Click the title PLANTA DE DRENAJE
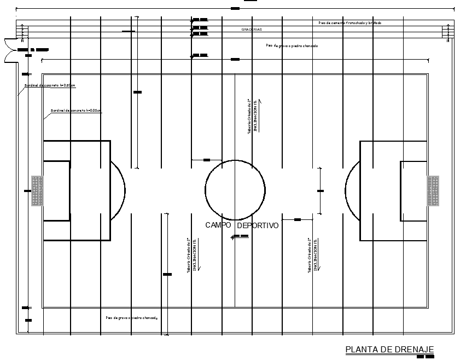(x=389, y=350)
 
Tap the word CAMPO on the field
(x=218, y=225)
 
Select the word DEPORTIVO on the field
(x=258, y=225)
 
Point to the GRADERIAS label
(x=252, y=29)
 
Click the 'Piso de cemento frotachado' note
(x=349, y=23)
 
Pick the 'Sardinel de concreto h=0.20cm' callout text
(x=49, y=85)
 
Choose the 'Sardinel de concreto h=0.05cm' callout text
(x=75, y=111)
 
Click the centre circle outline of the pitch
(x=235, y=161)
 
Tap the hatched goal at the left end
(x=37, y=191)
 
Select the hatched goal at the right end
(x=433, y=191)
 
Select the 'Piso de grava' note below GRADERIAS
(x=292, y=46)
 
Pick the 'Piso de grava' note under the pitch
(x=131, y=317)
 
